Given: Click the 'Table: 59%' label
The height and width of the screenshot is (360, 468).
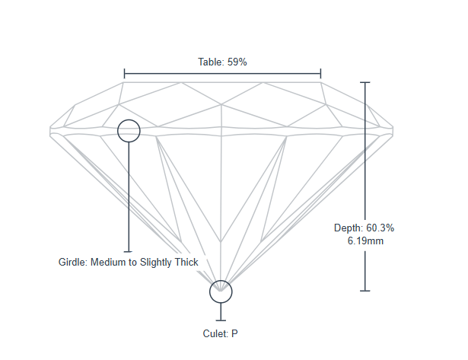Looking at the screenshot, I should (222, 62).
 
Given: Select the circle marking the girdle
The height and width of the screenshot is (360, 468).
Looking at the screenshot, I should (129, 131).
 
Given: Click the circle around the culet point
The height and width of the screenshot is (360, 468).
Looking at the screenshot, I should (221, 291).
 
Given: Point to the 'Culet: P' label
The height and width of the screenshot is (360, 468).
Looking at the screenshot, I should (221, 333).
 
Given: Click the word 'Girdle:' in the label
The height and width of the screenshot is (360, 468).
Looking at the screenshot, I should (73, 262).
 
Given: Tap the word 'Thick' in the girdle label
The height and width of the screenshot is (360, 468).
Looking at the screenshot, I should (185, 262).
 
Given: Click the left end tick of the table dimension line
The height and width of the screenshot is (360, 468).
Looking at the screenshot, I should (124, 74).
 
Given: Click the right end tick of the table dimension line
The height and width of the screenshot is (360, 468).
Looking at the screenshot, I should (321, 74).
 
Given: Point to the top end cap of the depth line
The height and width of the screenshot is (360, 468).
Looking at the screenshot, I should (365, 81).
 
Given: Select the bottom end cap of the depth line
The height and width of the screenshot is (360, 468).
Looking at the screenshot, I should (365, 291).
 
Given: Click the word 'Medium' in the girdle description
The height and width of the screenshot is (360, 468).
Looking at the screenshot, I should (109, 262).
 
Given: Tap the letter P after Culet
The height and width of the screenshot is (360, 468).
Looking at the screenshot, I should (235, 333).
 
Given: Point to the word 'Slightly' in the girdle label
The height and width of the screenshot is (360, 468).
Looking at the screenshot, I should (155, 262).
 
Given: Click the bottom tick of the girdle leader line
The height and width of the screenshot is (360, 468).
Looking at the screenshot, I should (129, 251).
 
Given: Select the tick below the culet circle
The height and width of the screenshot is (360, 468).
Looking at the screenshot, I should (221, 320).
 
